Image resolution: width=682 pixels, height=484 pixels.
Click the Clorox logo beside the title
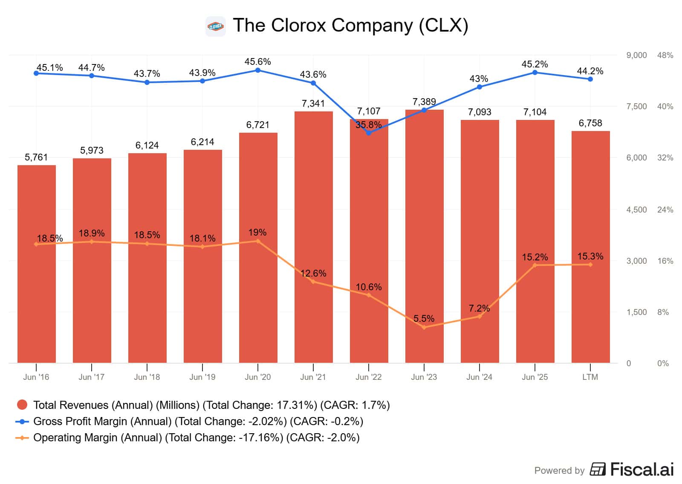click(215, 26)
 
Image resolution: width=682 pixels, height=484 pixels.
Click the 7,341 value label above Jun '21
click(313, 103)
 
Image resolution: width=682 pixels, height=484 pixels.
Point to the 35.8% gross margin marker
click(369, 133)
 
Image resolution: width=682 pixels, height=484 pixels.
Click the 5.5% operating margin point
click(424, 327)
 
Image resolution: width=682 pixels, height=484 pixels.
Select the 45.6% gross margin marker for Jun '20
click(258, 70)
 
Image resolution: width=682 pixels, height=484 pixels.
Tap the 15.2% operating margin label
click(535, 257)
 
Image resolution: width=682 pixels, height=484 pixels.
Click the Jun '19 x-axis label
click(202, 377)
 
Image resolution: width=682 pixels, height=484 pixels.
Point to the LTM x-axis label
click(590, 377)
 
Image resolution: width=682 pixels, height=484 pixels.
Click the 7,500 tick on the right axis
click(636, 106)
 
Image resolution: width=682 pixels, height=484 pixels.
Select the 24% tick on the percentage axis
click(665, 210)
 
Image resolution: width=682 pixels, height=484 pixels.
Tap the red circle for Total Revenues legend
click(22, 405)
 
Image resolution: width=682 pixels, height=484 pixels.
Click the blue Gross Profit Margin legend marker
click(22, 421)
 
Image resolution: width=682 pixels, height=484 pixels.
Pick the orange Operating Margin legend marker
click(22, 437)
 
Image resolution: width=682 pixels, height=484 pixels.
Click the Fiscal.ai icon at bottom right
click(598, 469)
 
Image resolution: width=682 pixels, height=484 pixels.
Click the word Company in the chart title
click(372, 25)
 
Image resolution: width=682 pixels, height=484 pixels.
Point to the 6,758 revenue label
click(590, 123)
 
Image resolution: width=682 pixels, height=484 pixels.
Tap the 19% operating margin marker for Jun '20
click(258, 241)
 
